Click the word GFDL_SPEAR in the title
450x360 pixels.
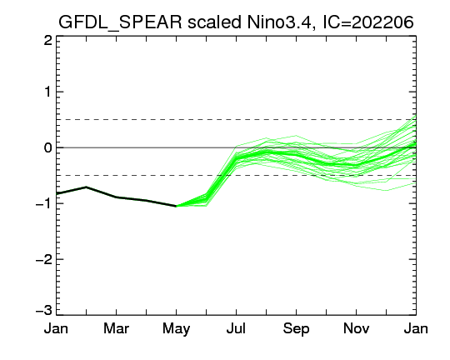coord(120,22)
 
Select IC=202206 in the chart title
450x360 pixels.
coord(368,22)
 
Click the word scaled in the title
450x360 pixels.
coord(214,22)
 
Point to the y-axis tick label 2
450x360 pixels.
coord(48,41)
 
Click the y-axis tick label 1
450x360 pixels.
coord(48,92)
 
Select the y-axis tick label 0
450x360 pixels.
coord(48,147)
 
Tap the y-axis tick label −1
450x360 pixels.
coord(43,203)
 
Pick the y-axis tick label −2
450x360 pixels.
coord(43,259)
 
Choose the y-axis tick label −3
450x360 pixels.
coord(43,310)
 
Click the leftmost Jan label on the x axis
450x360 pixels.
coord(56,328)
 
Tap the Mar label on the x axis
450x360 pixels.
coord(116,328)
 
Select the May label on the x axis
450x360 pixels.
coord(176,329)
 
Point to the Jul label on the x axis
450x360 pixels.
coord(236,328)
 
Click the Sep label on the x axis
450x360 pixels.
coord(296,329)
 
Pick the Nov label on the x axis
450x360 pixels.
coord(356,328)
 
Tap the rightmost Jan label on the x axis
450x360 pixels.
coord(416,328)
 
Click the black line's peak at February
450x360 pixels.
coord(86,187)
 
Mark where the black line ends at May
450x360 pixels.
coord(176,206)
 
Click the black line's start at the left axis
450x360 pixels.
coord(57,194)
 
